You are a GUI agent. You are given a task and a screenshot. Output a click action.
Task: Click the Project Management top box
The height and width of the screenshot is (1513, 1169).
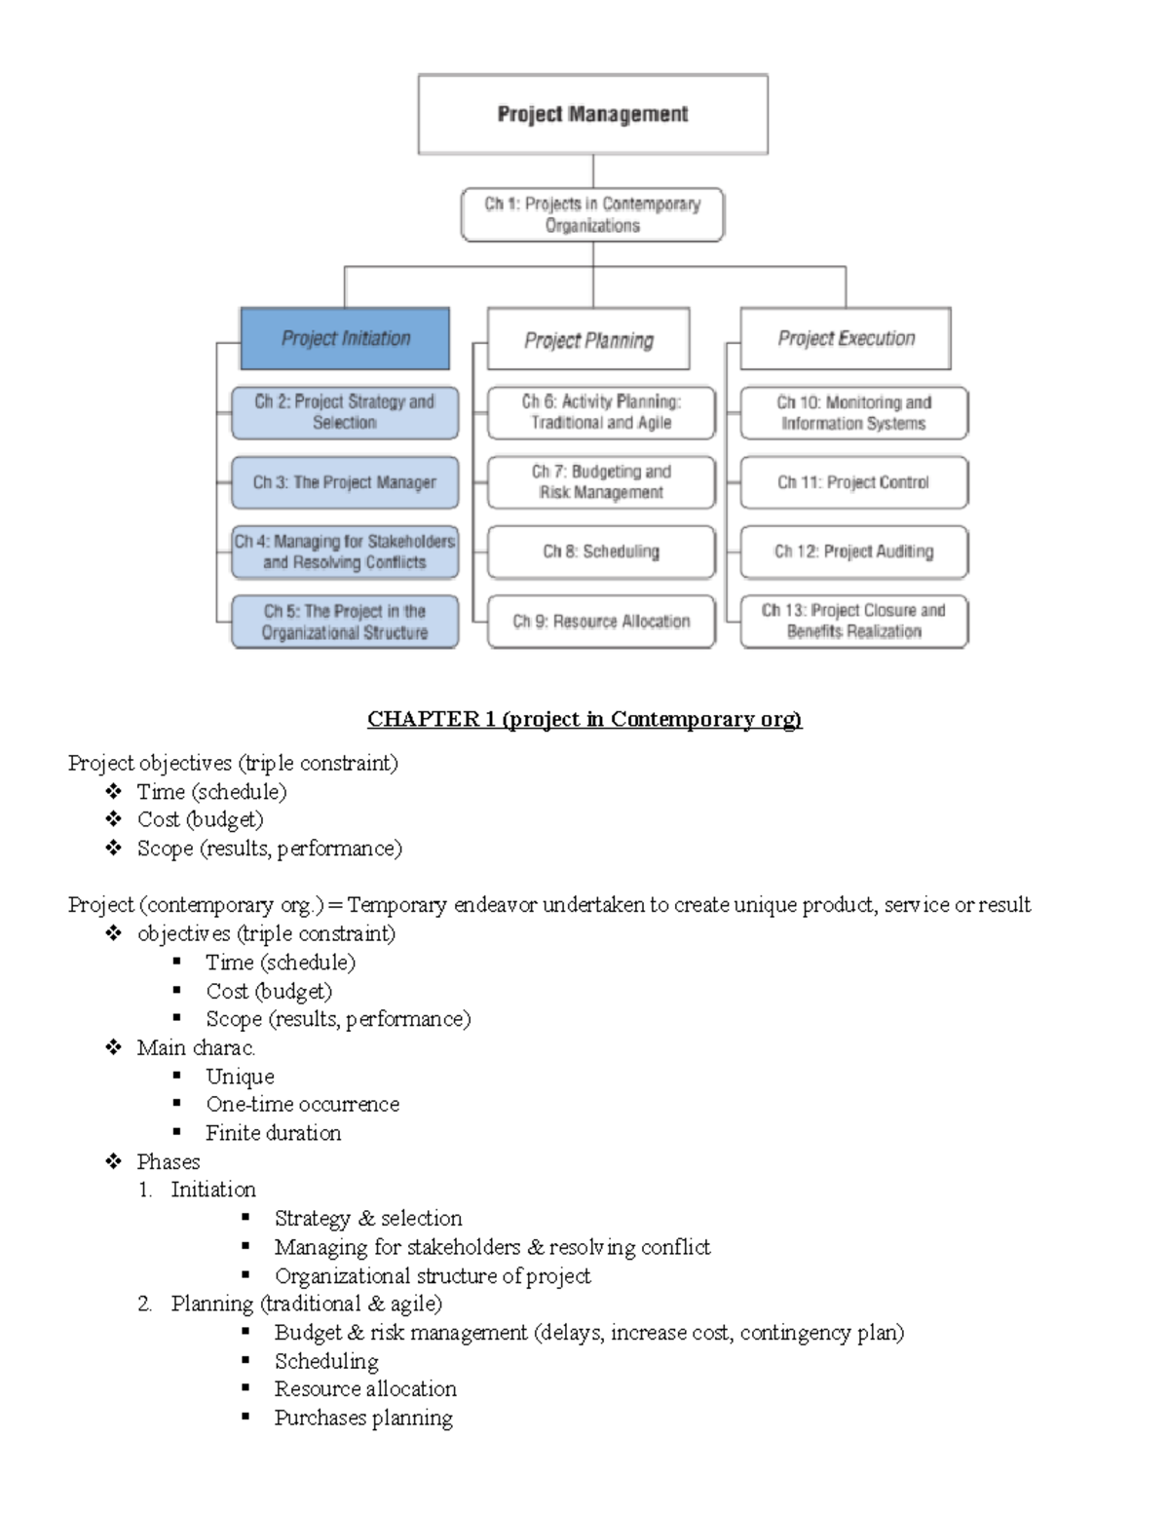click(592, 114)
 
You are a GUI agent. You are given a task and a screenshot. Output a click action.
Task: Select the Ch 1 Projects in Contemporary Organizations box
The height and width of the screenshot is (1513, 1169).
click(592, 214)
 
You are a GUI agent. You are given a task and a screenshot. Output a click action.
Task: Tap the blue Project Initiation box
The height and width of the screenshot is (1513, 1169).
click(345, 339)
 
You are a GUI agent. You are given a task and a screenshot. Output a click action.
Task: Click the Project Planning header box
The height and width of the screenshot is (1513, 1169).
click(588, 340)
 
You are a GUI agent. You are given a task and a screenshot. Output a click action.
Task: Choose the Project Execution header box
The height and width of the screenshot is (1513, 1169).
click(846, 339)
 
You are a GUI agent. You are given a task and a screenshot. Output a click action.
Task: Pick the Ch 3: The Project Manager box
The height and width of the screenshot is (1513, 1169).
click(345, 482)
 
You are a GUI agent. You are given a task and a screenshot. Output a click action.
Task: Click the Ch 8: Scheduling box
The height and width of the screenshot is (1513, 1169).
click(601, 551)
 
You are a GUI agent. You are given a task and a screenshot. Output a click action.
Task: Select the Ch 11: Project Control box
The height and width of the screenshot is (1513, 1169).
click(853, 482)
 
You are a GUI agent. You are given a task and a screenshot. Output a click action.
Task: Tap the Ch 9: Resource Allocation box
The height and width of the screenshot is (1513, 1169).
click(601, 622)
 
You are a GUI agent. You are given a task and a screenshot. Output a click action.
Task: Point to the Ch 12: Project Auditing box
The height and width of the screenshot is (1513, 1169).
click(853, 551)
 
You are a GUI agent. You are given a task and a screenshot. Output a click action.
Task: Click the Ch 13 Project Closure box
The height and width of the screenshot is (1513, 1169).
click(853, 622)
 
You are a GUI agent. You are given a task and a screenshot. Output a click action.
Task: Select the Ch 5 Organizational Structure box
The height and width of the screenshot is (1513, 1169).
click(345, 622)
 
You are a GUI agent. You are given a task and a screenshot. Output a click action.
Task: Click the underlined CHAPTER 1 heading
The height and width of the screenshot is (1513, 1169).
click(584, 719)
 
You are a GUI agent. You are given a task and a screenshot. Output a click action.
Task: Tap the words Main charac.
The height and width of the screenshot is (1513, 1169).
click(196, 1047)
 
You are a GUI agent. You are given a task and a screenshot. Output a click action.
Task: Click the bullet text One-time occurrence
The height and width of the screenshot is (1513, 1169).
click(302, 1104)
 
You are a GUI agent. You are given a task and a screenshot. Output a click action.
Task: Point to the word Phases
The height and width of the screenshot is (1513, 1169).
click(169, 1161)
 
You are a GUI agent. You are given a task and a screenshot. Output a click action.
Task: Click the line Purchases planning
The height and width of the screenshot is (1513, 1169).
click(363, 1418)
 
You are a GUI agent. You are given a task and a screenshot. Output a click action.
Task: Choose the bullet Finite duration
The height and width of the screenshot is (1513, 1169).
click(273, 1133)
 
